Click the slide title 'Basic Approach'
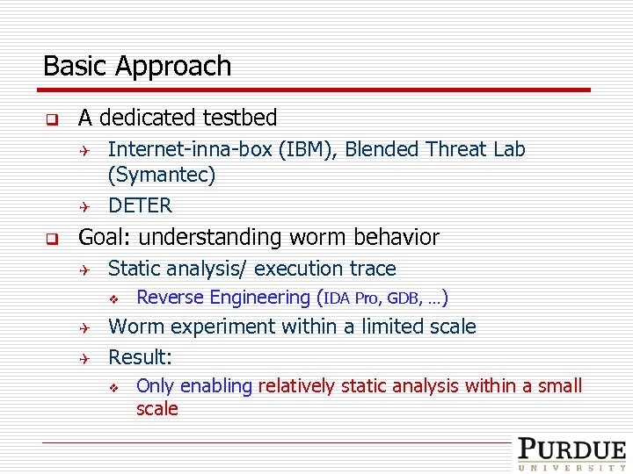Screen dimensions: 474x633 [137, 67]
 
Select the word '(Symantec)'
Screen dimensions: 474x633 [161, 176]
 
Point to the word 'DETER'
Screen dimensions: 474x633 [140, 206]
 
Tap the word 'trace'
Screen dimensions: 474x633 [371, 269]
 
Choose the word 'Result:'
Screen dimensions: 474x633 [140, 357]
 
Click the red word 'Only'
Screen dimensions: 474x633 [156, 386]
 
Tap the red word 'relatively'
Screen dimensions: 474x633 [299, 386]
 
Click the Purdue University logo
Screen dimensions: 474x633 [571, 454]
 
